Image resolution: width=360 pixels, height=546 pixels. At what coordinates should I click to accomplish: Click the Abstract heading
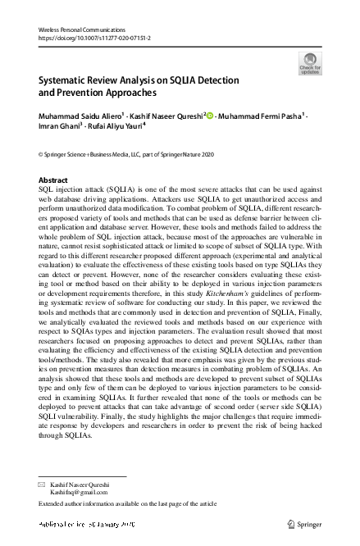click(x=53, y=180)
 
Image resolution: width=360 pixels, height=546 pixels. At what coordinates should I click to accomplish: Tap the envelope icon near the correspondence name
click(x=42, y=486)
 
